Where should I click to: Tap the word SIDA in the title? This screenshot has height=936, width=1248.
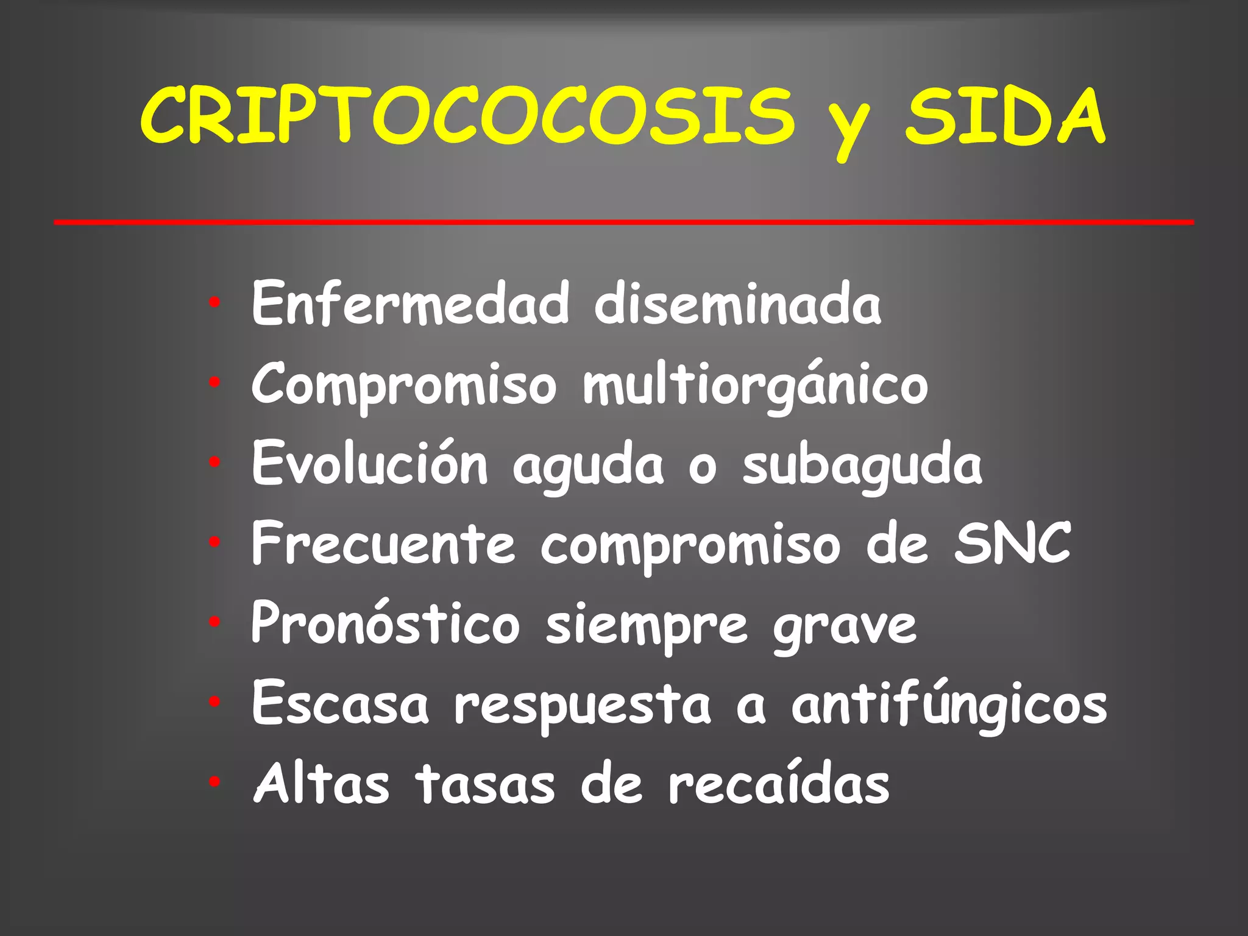coord(1004,116)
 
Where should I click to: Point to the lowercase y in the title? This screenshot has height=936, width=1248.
coord(849,125)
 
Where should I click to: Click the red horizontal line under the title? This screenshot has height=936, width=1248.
coord(624,222)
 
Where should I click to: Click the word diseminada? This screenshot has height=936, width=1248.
coord(737,303)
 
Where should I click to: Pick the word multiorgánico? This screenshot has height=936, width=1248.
coord(756,385)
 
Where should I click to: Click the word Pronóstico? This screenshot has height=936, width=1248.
coord(385,623)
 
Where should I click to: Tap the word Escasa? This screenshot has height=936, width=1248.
coord(340,704)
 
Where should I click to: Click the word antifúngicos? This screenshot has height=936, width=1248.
coord(949,706)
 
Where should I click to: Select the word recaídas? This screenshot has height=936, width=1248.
coord(779,784)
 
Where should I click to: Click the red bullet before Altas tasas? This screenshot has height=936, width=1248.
coord(214,782)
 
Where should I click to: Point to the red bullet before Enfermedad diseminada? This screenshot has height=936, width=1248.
coord(214,302)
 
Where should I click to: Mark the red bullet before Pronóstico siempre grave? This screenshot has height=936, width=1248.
coord(214,622)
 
